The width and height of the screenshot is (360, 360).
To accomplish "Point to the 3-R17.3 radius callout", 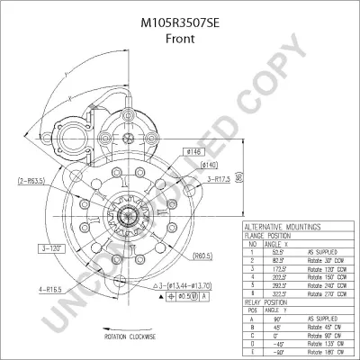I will click(222, 179).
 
